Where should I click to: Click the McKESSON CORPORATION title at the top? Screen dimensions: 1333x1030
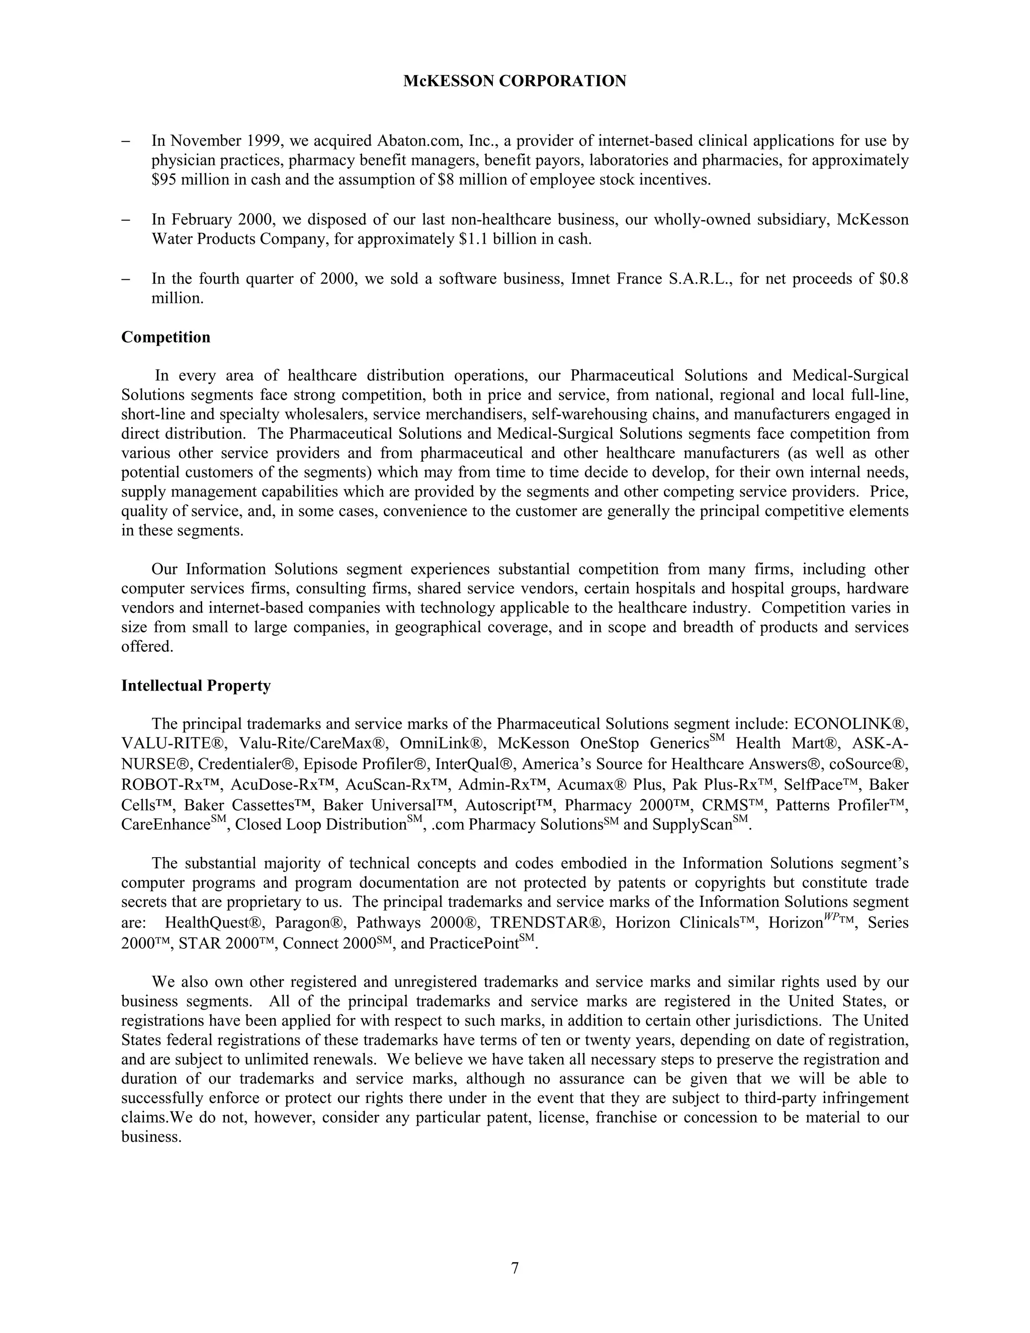pos(514,81)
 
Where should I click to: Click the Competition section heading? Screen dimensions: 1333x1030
pos(165,338)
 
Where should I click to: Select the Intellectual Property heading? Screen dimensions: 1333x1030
pos(196,686)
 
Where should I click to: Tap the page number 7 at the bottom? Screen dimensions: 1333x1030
pos(514,1268)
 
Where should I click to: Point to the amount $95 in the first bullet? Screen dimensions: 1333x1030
pos(162,180)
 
